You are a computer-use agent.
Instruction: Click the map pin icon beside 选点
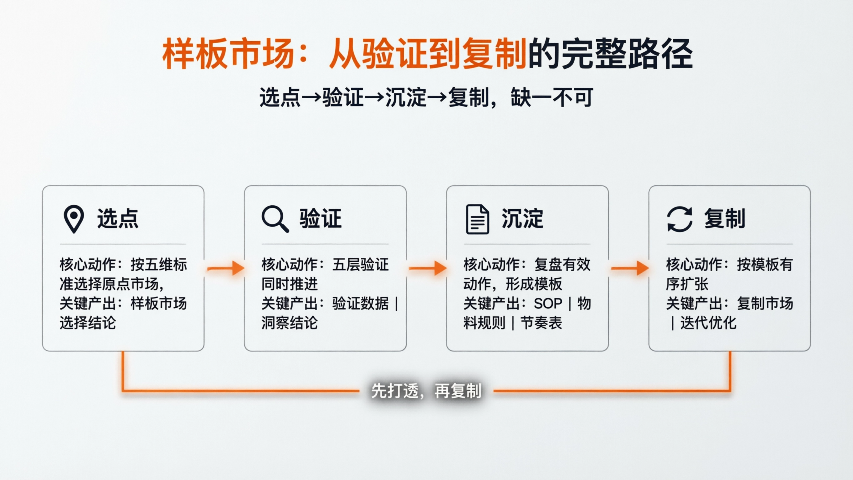(x=73, y=219)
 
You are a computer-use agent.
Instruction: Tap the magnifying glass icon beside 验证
(x=274, y=219)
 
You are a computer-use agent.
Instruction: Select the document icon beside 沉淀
(x=477, y=219)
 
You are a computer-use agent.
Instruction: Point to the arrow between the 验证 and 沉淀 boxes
(x=428, y=268)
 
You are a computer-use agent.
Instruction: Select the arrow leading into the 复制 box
(x=629, y=268)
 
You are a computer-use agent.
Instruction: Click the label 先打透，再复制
(x=426, y=391)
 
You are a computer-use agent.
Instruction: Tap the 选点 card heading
(x=117, y=219)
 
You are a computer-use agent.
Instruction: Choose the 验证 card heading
(x=320, y=219)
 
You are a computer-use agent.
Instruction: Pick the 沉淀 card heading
(x=522, y=219)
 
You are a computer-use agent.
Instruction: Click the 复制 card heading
(x=724, y=219)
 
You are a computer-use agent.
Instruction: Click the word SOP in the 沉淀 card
(x=548, y=303)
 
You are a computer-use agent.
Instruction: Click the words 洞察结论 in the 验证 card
(x=289, y=323)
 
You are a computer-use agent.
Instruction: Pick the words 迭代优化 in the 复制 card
(x=708, y=323)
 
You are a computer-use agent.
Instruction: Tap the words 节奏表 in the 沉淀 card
(x=541, y=323)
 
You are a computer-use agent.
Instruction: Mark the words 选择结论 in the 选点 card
(x=88, y=323)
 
